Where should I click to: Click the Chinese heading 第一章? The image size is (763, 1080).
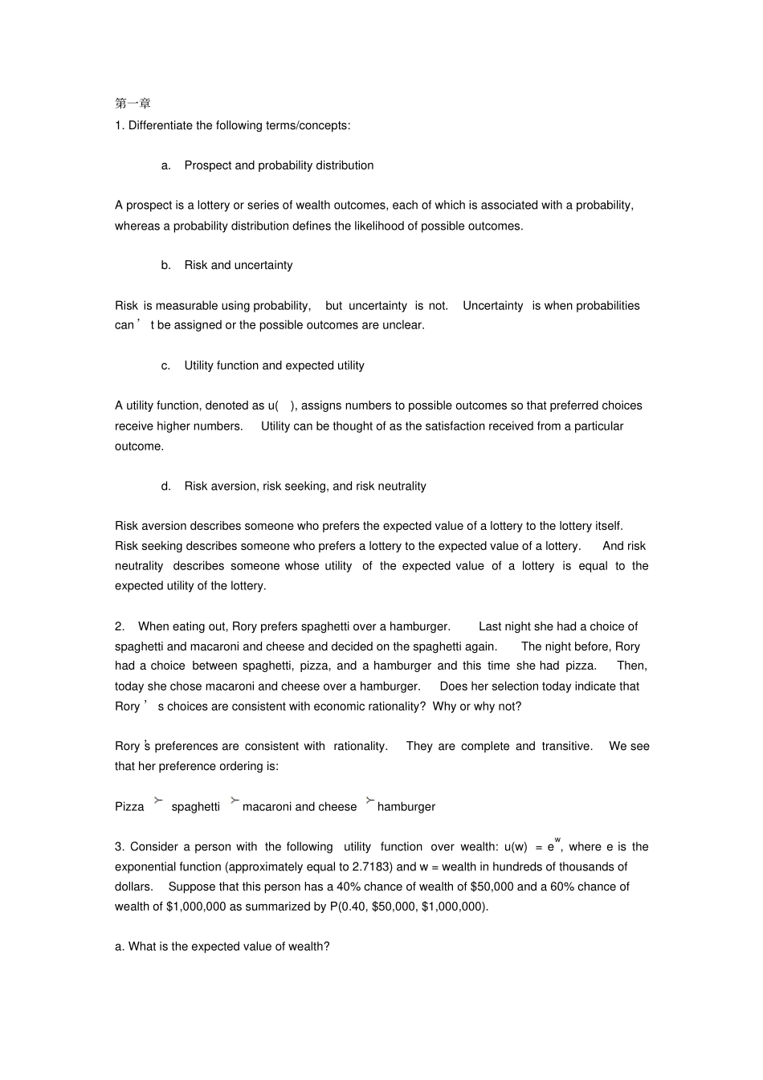click(x=133, y=104)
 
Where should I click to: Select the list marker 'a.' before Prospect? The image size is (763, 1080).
click(x=165, y=165)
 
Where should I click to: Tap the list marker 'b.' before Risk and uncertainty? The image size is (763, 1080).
click(x=165, y=265)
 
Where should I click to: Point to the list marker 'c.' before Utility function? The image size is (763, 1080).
click(x=165, y=365)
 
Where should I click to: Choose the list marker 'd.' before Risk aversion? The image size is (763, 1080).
click(x=165, y=486)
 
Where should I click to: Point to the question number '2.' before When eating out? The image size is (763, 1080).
click(x=120, y=626)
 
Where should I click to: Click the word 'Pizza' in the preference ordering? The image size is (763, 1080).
click(x=129, y=806)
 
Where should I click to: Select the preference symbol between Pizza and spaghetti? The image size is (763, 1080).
click(x=158, y=801)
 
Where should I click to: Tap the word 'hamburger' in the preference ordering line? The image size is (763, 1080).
click(x=406, y=806)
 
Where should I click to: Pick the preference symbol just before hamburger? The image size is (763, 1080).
click(x=369, y=801)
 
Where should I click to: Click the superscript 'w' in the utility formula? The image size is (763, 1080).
click(x=557, y=839)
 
